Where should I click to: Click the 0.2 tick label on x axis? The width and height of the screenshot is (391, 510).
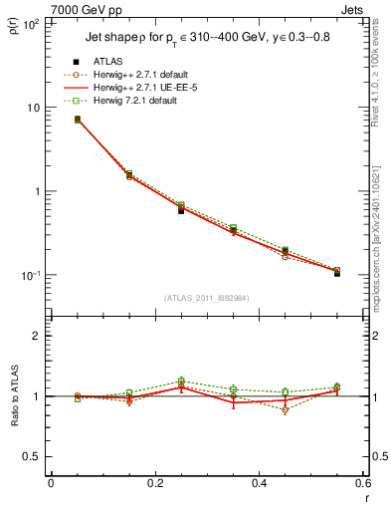(154, 483)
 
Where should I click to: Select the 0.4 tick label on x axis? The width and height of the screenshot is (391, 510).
(259, 483)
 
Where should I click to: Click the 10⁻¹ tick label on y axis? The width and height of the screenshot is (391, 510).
(30, 275)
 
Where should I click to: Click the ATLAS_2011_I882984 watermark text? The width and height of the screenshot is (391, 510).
(206, 297)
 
